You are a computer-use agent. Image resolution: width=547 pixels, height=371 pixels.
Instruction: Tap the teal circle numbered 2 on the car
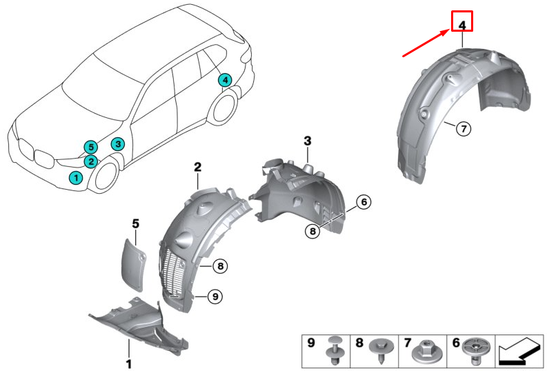tap(91, 161)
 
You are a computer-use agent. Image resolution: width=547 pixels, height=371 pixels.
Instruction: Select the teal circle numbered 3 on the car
tap(118, 144)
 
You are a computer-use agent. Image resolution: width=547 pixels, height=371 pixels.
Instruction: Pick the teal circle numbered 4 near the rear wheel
tap(224, 80)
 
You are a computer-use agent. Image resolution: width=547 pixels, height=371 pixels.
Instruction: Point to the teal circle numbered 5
tap(89, 146)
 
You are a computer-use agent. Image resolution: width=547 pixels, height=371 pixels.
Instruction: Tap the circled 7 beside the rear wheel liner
tap(463, 128)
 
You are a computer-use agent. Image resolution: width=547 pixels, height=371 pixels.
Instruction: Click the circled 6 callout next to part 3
tap(364, 202)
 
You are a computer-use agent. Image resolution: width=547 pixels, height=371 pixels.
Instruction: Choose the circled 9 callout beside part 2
tap(215, 296)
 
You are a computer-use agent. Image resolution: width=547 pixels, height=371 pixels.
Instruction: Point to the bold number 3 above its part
tap(308, 141)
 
